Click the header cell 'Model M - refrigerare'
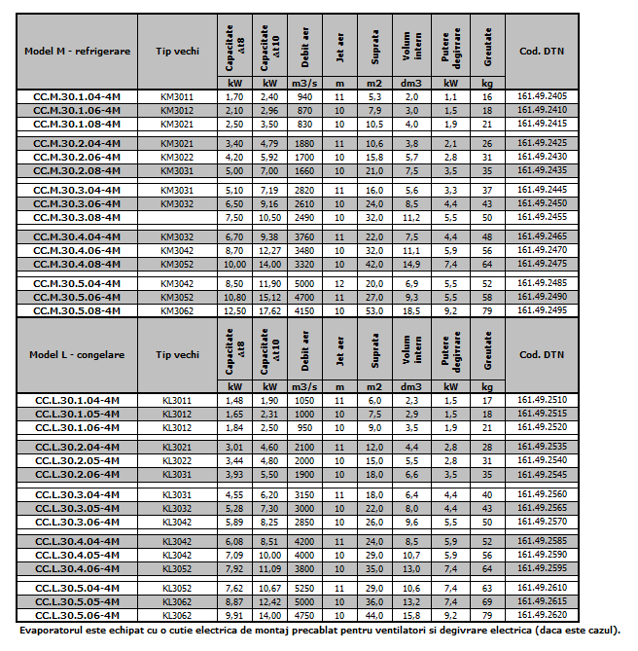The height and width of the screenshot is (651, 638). (x=77, y=50)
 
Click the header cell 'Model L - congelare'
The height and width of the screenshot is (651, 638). (x=77, y=355)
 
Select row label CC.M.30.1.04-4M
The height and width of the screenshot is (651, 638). (x=77, y=97)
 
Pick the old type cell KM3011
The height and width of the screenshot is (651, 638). (x=176, y=97)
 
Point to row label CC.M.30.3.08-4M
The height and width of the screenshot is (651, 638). (x=77, y=217)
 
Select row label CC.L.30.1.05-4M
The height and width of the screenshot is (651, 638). (x=77, y=414)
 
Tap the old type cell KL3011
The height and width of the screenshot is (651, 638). (x=176, y=400)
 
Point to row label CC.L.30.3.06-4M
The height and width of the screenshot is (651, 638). (x=77, y=521)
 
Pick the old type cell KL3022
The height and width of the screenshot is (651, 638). (x=176, y=459)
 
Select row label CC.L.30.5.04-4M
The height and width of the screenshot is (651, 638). (x=77, y=589)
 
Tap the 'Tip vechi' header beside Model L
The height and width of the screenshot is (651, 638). (x=176, y=355)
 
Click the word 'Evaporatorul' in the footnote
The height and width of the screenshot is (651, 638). (x=54, y=630)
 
